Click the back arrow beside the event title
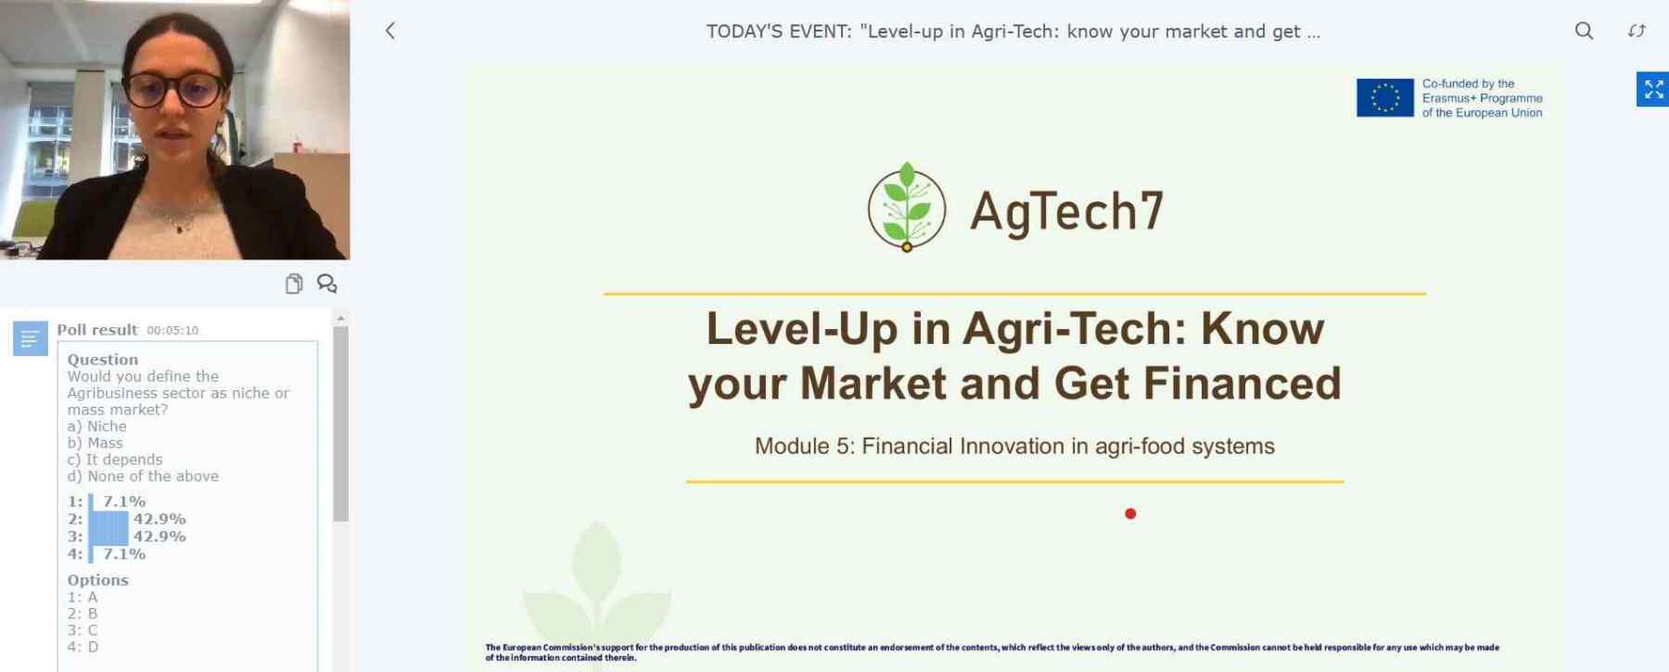coord(390,31)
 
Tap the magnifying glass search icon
coord(1584,31)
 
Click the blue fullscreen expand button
coord(1652,89)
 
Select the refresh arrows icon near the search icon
coord(1637,31)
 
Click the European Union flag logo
coord(1385,97)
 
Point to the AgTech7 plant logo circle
coord(907,208)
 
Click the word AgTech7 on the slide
coord(1066,211)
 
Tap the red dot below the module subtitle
coord(1130,514)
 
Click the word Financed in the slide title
coord(1242,383)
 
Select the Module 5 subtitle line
coord(1014,446)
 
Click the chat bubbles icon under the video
coord(326,284)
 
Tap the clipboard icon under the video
coord(294,284)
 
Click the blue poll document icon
coord(30,338)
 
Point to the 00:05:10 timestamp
coord(172,330)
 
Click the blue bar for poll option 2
coord(108,519)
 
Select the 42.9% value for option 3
coord(159,537)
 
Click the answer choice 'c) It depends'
coord(115,460)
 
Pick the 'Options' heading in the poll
coord(97,580)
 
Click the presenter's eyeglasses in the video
coord(174,90)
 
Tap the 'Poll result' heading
coord(97,330)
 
